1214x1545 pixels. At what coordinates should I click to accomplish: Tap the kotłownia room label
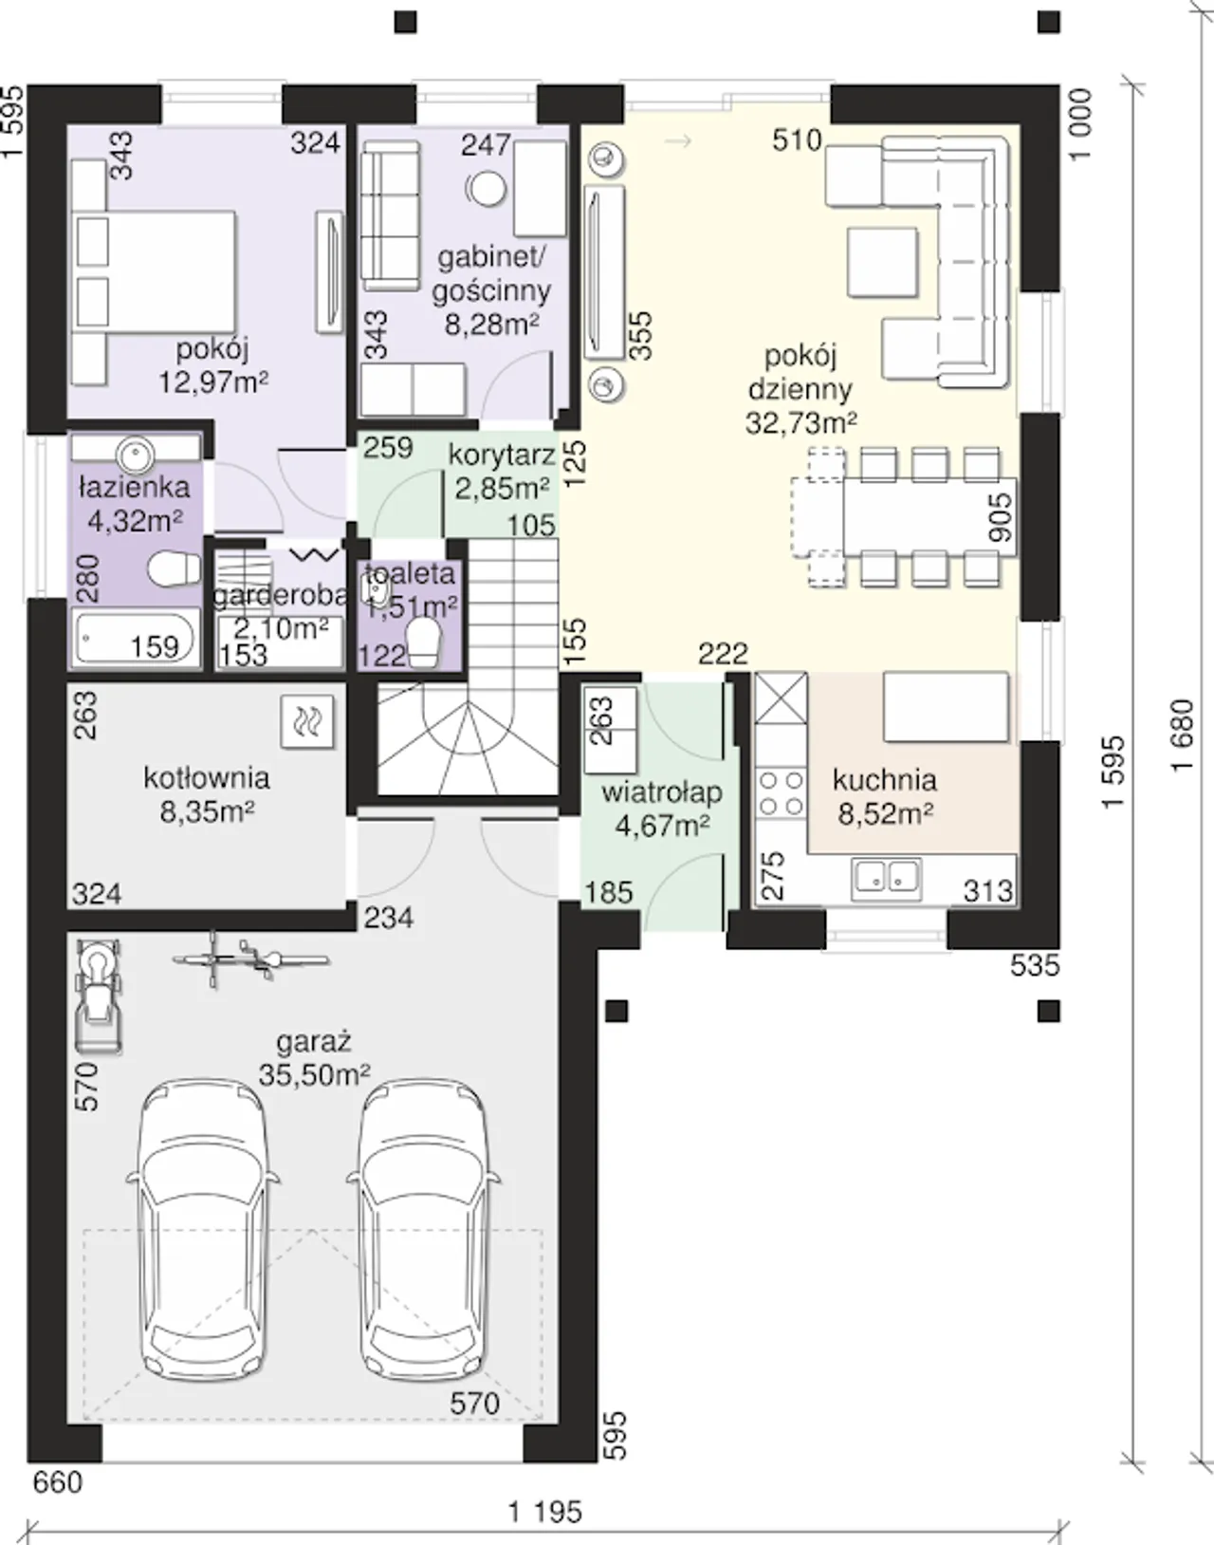[x=207, y=777]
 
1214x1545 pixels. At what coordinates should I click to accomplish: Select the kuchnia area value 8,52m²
[x=885, y=814]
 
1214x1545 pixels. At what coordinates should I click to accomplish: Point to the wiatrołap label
[x=661, y=792]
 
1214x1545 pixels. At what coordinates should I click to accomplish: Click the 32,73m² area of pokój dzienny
[x=800, y=423]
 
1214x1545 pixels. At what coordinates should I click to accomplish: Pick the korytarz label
[x=503, y=456]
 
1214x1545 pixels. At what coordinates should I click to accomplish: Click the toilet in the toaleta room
[x=423, y=642]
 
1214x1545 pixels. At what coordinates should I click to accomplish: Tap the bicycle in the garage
[x=250, y=959]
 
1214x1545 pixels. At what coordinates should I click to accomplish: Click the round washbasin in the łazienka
[x=135, y=454]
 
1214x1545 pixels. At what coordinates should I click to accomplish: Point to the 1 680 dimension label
[x=1183, y=735]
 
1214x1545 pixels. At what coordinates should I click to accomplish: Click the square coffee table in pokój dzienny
[x=882, y=262]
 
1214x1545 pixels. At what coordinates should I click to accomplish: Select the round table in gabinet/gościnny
[x=487, y=190]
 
